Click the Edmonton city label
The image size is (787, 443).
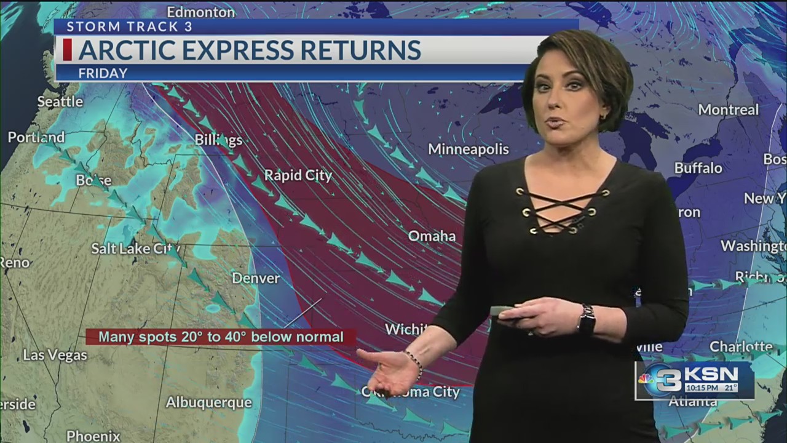[200, 12]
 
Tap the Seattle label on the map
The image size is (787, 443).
[60, 102]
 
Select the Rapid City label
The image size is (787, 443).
[298, 175]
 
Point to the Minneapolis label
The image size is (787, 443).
[469, 149]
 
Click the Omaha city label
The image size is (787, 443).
[432, 236]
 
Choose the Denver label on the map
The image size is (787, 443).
[256, 278]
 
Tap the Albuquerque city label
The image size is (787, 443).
[209, 402]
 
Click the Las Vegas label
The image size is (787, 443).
[52, 355]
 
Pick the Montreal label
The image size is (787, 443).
[729, 110]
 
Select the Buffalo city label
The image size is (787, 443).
[698, 168]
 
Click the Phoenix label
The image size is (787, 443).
[93, 436]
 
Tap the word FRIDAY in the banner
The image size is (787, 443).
[103, 73]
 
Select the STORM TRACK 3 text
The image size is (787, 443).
[129, 26]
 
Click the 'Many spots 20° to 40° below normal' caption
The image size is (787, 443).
[221, 337]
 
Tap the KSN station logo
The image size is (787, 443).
[695, 380]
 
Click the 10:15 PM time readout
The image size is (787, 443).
[702, 388]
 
